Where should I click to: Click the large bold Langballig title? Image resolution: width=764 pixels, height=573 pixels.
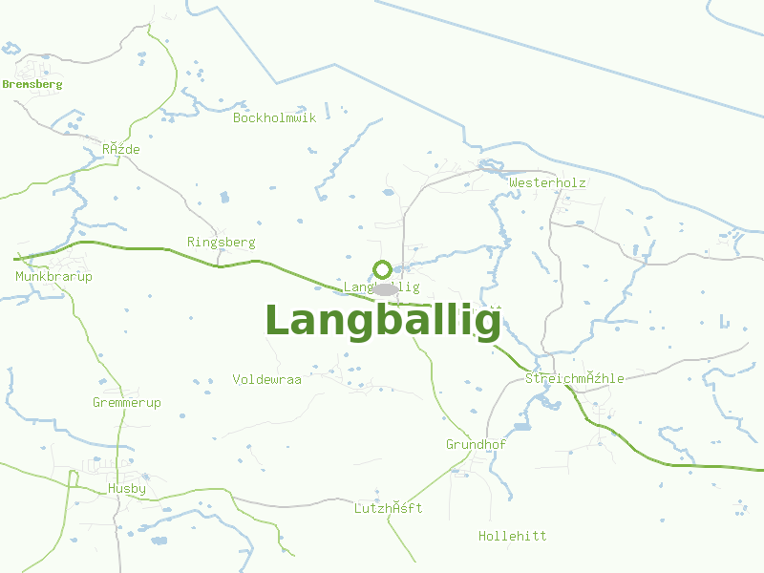[x=382, y=321]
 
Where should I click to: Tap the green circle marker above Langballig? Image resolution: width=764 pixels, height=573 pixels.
[x=382, y=269]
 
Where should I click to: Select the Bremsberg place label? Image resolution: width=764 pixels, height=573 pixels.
[x=32, y=84]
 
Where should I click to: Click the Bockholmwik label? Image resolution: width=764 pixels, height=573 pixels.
[x=274, y=117]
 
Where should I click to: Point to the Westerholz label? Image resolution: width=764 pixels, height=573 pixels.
[x=547, y=182]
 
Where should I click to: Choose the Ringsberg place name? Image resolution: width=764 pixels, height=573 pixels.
[x=222, y=243]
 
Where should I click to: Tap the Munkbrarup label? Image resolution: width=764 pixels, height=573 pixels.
[x=53, y=277]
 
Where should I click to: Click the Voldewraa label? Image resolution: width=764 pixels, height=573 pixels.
[x=266, y=380]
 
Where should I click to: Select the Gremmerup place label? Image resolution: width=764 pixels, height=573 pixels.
[x=127, y=403]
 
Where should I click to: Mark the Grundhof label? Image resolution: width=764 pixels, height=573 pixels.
[x=476, y=445]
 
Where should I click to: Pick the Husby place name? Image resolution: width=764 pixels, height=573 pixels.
[x=127, y=489]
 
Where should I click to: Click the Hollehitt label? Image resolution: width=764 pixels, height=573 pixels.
[x=513, y=537]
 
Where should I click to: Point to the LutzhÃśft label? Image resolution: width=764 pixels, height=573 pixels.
[x=388, y=509]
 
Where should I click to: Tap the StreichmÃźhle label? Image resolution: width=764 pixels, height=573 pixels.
[x=575, y=379]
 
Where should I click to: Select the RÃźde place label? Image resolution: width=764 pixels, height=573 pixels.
[x=121, y=150]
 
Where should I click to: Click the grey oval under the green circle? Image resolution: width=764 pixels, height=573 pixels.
[x=385, y=288]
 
